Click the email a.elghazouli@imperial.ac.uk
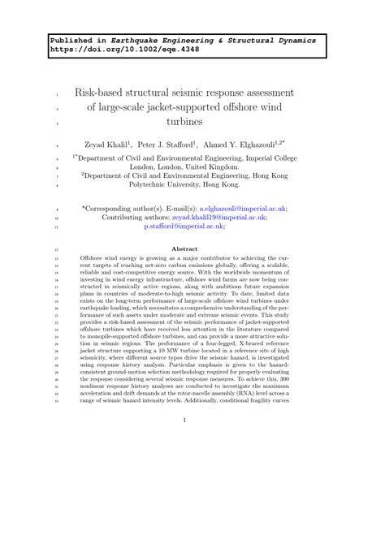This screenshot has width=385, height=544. [x=246, y=208]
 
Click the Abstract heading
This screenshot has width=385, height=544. [x=192, y=249]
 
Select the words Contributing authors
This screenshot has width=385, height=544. [x=136, y=218]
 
